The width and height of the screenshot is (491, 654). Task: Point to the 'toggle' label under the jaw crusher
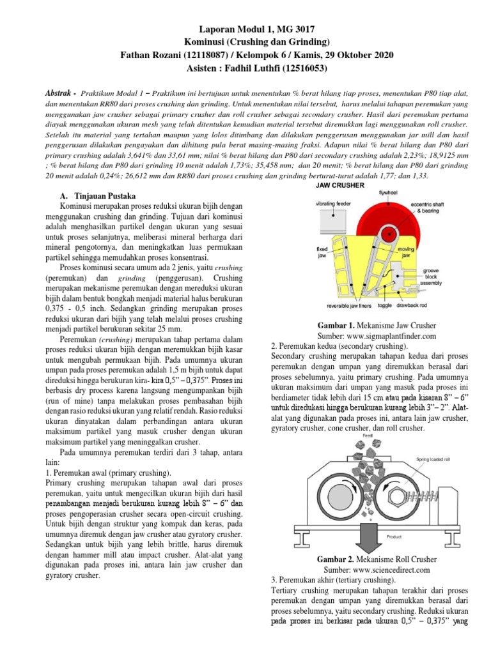click(x=401, y=307)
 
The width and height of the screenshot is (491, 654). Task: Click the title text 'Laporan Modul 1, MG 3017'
click(x=245, y=29)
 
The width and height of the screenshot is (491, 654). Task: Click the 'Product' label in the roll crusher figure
click(x=394, y=519)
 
